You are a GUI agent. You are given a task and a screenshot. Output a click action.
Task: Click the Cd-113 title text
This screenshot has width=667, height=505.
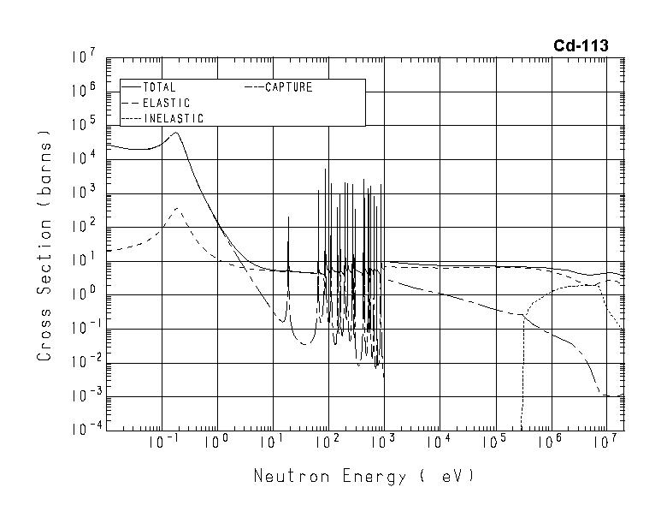581,46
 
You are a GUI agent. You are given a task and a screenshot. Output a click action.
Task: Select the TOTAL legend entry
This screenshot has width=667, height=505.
159,87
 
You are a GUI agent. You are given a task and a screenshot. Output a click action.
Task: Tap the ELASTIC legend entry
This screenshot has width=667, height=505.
166,103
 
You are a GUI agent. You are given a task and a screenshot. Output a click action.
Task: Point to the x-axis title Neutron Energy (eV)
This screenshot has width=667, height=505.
363,475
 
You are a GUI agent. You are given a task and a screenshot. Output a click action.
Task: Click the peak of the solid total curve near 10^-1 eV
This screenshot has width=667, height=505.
176,133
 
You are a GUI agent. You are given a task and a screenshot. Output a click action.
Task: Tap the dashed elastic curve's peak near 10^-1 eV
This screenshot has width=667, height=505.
176,208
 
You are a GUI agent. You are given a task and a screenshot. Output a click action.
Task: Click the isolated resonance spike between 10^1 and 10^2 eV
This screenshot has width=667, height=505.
288,217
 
